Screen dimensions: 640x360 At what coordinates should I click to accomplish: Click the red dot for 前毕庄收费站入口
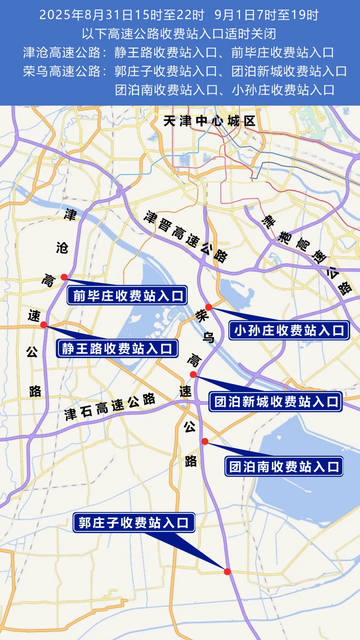[x=64, y=277]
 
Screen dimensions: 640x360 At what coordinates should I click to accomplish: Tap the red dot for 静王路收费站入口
[x=44, y=325]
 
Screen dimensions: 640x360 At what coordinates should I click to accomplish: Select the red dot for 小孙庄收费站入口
[x=209, y=307]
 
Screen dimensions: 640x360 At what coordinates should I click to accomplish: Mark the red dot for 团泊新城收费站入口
[x=193, y=375]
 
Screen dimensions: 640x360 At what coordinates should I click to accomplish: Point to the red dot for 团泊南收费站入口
[x=205, y=441]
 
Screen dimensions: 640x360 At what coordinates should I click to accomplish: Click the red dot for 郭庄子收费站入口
[x=227, y=572]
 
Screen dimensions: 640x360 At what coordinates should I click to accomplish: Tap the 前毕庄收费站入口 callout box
[x=127, y=295]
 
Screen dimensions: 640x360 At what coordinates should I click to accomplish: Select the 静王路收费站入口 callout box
[x=117, y=349]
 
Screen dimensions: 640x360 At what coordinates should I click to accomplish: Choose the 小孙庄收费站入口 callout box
[x=289, y=330]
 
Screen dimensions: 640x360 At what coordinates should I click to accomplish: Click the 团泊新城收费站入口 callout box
[x=276, y=402]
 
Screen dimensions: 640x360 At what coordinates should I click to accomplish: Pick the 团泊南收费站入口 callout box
[x=284, y=466]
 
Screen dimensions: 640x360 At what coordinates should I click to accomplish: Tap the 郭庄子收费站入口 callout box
[x=134, y=522]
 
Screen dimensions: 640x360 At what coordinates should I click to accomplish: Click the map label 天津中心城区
[x=209, y=121]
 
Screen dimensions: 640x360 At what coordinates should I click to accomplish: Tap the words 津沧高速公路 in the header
[x=62, y=52]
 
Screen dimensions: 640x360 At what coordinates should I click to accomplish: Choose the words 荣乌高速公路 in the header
[x=62, y=71]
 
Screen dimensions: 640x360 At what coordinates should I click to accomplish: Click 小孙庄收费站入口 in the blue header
[x=283, y=90]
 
